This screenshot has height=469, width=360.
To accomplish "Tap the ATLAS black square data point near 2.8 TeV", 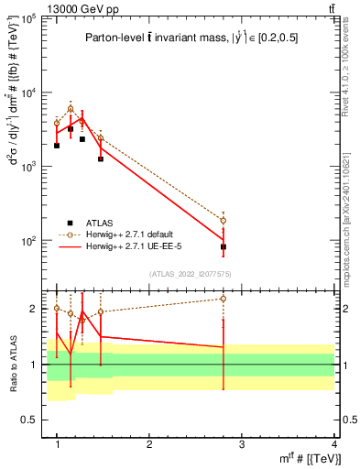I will [x=224, y=247].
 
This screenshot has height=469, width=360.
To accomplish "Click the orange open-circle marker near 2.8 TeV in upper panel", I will [x=224, y=221].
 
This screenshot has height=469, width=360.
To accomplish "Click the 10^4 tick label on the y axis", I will [x=29, y=93].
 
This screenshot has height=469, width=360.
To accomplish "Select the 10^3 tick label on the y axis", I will [x=29, y=167].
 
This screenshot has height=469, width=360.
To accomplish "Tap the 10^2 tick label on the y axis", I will [x=29, y=241].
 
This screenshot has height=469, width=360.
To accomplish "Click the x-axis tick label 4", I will [x=334, y=444].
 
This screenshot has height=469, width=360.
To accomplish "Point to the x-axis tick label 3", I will [x=242, y=444].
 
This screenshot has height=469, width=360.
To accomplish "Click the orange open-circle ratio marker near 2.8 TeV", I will [x=224, y=299].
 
